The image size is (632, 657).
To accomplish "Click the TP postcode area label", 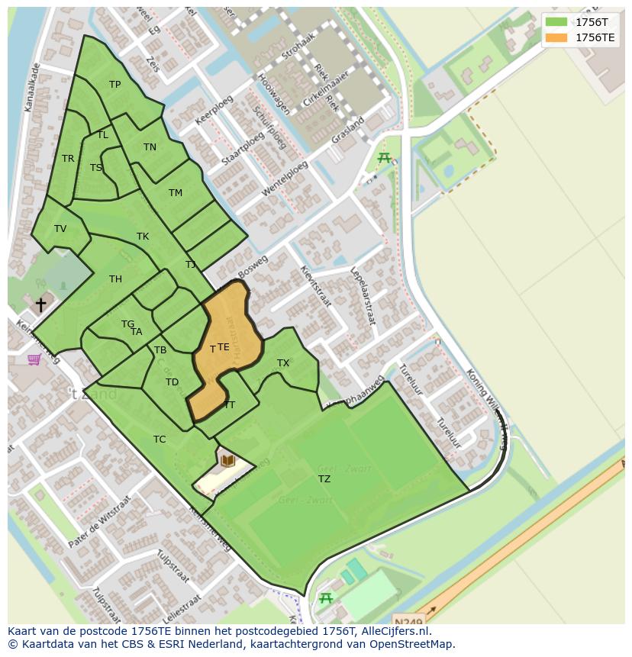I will point(114,85).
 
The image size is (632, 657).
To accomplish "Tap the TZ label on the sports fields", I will point(324,479).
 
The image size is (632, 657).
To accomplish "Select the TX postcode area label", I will point(283,363).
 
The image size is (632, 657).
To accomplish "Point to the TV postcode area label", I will point(60,229).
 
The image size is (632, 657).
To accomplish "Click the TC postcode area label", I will point(160,440).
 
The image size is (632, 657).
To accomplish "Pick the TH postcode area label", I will point(115,279).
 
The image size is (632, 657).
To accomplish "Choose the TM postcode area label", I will point(176,193).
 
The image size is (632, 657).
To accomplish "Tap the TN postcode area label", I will point(150,147).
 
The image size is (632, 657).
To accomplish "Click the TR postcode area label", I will point(68,159).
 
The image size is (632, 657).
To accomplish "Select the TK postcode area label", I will point(143,237).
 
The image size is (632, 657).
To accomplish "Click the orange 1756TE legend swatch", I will point(557,37).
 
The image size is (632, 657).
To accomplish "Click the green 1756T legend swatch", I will point(557,22).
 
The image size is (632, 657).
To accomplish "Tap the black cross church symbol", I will point(40,304).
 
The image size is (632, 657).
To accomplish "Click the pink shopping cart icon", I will point(34,359).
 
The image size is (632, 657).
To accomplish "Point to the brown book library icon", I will point(227,460).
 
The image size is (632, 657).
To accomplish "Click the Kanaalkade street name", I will point(32,88).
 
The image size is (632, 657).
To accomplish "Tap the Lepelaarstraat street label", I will point(363,295).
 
